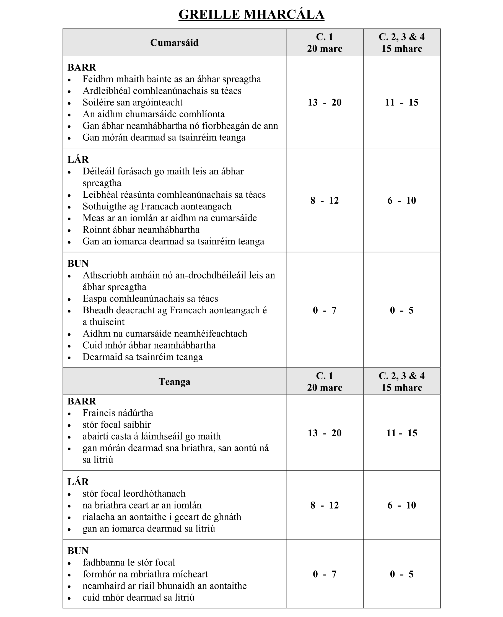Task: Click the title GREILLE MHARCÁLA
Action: pyautogui.click(x=251, y=14)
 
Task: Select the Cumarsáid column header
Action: pyautogui.click(x=174, y=43)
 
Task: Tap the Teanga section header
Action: pyautogui.click(x=174, y=381)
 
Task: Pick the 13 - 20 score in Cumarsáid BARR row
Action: pyautogui.click(x=325, y=102)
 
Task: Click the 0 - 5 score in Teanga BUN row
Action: pyautogui.click(x=401, y=574)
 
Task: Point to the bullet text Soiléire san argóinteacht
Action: pyautogui.click(x=133, y=102)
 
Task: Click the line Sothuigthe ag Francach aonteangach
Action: pyautogui.click(x=157, y=206)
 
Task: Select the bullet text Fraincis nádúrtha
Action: pyautogui.click(x=118, y=413)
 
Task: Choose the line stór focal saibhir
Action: pyautogui.click(x=116, y=425)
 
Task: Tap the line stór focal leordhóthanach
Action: pyautogui.click(x=134, y=494)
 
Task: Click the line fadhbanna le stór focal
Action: pyautogui.click(x=129, y=562)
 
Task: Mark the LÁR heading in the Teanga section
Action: pyautogui.click(x=78, y=482)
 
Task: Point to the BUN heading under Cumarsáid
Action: pyautogui.click(x=78, y=264)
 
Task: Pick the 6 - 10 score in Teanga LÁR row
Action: pyautogui.click(x=401, y=505)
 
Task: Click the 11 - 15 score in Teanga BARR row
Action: pyautogui.click(x=401, y=433)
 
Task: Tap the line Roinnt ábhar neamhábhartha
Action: pyautogui.click(x=141, y=229)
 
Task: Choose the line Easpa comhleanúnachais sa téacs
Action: pyautogui.click(x=150, y=298)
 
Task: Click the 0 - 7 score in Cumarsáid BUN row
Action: pyautogui.click(x=325, y=310)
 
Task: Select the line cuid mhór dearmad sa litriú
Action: pyautogui.click(x=138, y=597)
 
